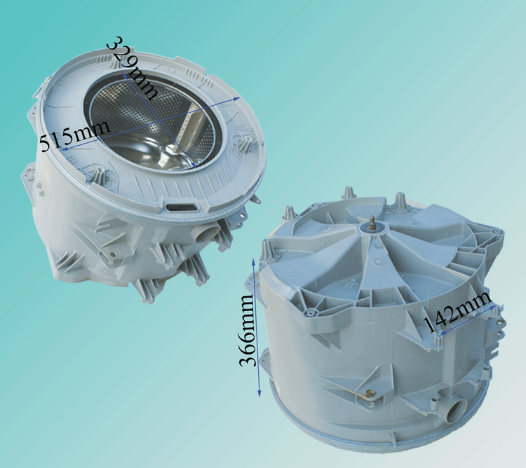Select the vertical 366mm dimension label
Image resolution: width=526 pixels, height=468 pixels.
[x=248, y=330]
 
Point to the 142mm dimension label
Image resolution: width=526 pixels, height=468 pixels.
[x=457, y=312]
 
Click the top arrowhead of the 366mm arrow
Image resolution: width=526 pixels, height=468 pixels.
[x=254, y=261]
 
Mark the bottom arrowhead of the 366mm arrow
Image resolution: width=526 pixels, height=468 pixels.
[x=259, y=393]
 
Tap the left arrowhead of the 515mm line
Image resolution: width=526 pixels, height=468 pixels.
[x=65, y=149]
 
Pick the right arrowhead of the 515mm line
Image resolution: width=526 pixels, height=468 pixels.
[x=237, y=99]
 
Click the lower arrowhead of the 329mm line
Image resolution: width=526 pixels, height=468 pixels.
[x=194, y=165]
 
